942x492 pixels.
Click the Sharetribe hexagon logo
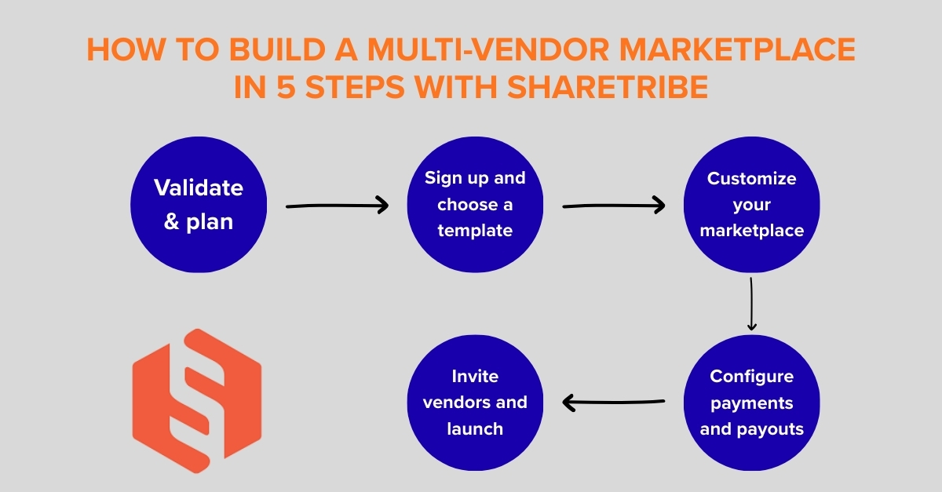coord(196,395)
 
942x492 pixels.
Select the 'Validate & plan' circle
coord(198,205)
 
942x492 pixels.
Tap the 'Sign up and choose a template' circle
coord(475,205)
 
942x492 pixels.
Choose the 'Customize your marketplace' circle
coord(751,205)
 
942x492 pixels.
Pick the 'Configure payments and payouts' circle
coord(751,403)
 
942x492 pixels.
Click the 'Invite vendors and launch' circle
coord(475,403)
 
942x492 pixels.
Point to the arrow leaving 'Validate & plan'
coord(338,206)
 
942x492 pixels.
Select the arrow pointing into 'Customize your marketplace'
coord(614,206)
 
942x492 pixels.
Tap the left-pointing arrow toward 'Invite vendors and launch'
coord(614,404)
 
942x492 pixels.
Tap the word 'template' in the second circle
coord(475,231)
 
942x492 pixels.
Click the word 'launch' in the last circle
coord(475,428)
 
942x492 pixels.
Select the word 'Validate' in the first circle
coord(198,188)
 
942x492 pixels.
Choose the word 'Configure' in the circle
coord(751,376)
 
